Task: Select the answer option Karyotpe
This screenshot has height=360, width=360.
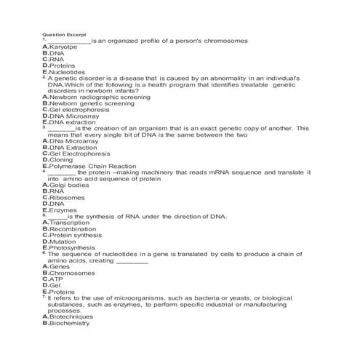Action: pos(63,47)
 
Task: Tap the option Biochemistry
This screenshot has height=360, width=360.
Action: pos(69,323)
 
